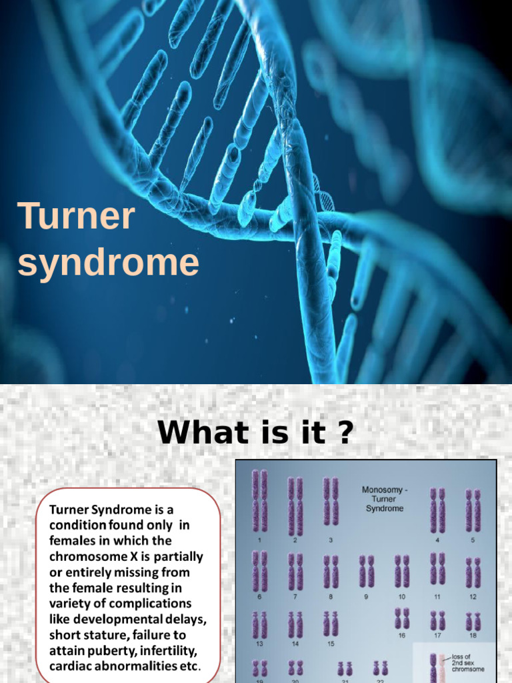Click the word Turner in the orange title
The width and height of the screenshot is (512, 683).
[x=77, y=218]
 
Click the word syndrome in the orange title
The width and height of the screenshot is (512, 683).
[x=108, y=263]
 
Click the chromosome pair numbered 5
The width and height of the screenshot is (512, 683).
[x=473, y=510]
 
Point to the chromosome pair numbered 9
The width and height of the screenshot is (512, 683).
[x=367, y=572]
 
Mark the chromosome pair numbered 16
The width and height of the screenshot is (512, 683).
[x=402, y=618]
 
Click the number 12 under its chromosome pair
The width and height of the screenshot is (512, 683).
[x=473, y=597]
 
